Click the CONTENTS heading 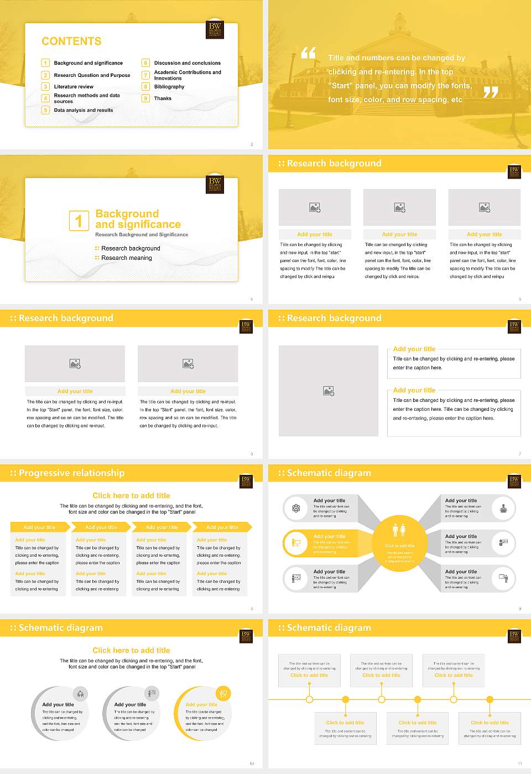pos(71,41)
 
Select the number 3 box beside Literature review pos(45,87)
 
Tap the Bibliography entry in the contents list pos(169,87)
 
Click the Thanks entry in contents pos(163,98)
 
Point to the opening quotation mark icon pos(309,53)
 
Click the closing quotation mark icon pos(491,92)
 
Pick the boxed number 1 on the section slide pos(79,221)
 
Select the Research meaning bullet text pos(126,258)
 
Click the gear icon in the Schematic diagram pos(296,508)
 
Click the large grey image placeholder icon pos(329,391)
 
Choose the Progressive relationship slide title pos(71,473)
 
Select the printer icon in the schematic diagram pos(503,508)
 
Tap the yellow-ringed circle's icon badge pos(223,693)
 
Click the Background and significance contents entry pos(88,63)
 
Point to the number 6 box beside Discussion pos(145,63)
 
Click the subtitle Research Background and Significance pos(142,235)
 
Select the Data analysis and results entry pos(83,110)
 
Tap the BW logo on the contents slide pos(214,29)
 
